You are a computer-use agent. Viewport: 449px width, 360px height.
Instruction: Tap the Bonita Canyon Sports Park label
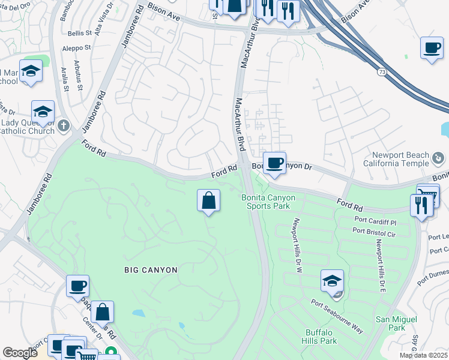tap(266, 202)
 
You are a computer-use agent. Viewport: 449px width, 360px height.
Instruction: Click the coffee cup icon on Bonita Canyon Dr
tap(274, 163)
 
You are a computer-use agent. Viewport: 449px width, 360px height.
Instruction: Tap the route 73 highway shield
tap(382, 72)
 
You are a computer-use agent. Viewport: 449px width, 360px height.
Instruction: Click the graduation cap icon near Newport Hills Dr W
tap(332, 280)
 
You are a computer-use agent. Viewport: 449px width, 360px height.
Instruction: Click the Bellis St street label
tap(80, 34)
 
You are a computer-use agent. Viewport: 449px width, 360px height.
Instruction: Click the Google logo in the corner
tap(20, 353)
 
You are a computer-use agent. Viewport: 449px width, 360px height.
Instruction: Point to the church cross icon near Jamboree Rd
tap(65, 127)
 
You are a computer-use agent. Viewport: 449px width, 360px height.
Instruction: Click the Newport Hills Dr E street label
tap(379, 265)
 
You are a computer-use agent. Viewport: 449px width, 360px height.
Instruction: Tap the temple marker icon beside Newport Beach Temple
tap(439, 158)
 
